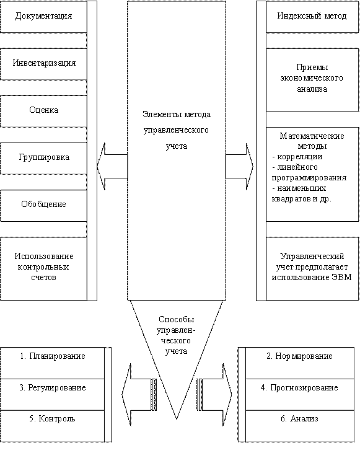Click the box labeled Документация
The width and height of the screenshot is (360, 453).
click(x=43, y=17)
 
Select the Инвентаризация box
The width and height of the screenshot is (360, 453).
click(x=43, y=64)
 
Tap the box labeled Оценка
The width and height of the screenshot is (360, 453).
click(x=43, y=111)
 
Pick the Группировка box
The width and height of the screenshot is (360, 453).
click(x=43, y=158)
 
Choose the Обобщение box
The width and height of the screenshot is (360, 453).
click(x=43, y=205)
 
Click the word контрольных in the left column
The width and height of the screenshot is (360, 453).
click(x=43, y=267)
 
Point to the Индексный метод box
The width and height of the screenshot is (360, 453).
click(x=312, y=17)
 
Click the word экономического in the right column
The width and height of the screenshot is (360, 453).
click(x=312, y=78)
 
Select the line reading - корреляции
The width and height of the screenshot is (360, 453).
click(x=297, y=157)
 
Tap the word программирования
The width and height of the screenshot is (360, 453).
click(x=309, y=178)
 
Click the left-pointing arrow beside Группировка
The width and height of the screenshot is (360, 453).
click(x=112, y=167)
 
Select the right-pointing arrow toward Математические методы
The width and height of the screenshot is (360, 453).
click(x=239, y=167)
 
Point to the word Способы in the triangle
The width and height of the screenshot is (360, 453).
click(x=176, y=320)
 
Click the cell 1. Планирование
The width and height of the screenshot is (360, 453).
click(x=52, y=363)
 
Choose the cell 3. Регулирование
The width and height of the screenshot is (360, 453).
click(x=52, y=395)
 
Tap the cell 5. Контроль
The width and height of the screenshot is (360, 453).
click(x=52, y=426)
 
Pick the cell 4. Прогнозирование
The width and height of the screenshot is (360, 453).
click(x=300, y=395)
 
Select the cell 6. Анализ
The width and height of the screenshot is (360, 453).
click(x=300, y=426)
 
